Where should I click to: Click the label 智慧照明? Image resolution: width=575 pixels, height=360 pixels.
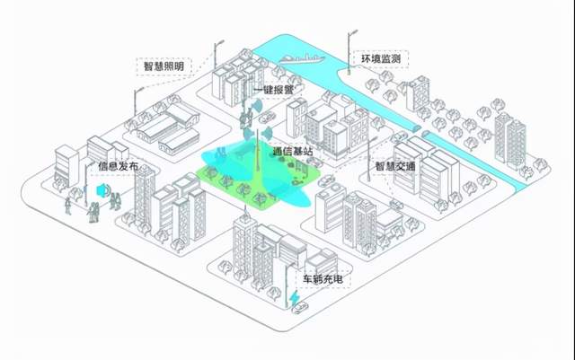point(164,66)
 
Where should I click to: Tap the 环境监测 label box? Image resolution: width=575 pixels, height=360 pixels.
point(380,59)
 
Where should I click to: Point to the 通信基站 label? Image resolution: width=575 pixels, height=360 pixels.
point(293,152)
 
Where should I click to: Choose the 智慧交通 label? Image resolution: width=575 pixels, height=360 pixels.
point(395,166)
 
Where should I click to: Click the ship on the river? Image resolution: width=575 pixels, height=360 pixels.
point(300,58)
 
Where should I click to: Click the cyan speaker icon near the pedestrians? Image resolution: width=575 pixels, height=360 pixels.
point(102,191)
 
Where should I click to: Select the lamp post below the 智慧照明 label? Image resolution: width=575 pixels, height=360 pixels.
point(137,100)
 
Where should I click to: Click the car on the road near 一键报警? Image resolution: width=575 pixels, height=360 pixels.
point(266,118)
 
